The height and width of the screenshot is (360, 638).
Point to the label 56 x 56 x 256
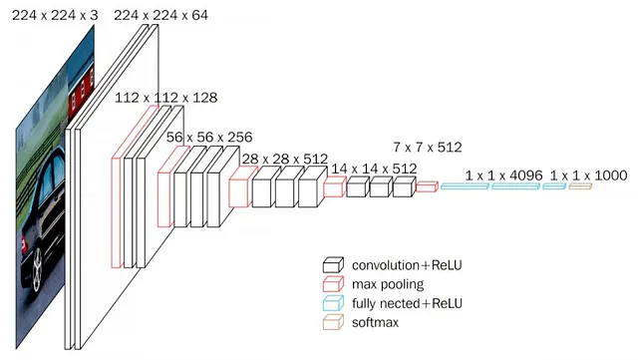(x=209, y=137)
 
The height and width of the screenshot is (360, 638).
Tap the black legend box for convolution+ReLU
(x=333, y=265)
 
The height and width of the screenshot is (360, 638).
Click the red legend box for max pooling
(x=333, y=284)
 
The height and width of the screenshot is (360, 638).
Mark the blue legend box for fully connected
(x=333, y=303)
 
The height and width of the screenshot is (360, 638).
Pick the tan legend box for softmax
(x=333, y=322)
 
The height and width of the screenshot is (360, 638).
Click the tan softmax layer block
(x=580, y=186)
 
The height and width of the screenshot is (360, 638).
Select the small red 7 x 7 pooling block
(x=427, y=185)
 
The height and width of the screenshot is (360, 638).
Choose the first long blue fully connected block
(x=464, y=186)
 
